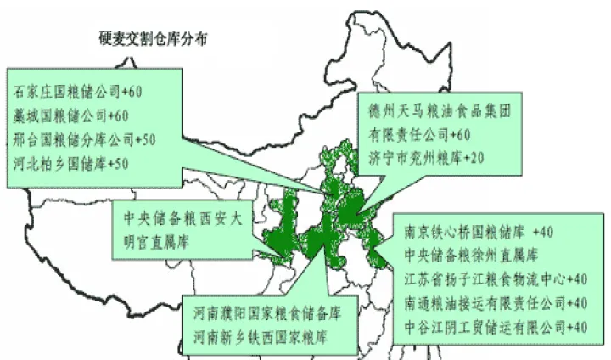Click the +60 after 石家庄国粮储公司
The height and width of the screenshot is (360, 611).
137,89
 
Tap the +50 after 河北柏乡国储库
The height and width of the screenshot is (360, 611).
125,161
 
